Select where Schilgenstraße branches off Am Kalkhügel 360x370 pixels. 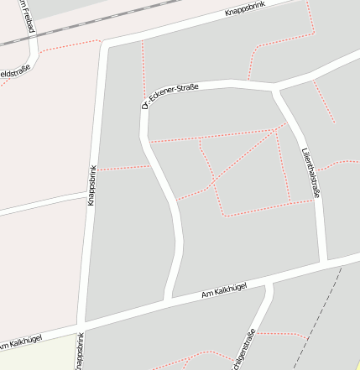pyautogui.click(x=269, y=283)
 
